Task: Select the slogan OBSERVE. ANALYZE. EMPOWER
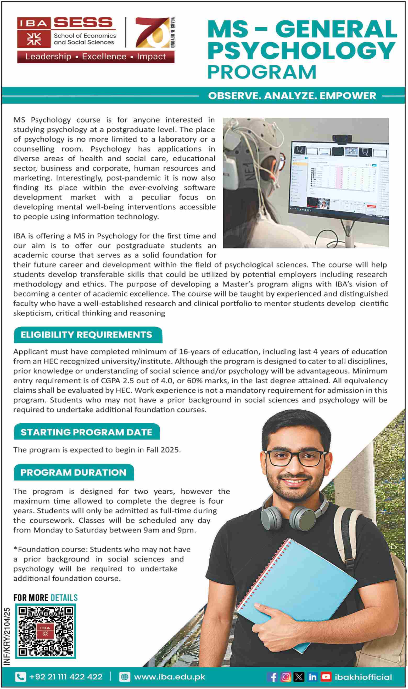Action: [292, 96]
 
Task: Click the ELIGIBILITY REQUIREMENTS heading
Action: [86, 335]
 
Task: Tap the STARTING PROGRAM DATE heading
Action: [86, 432]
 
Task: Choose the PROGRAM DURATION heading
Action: [73, 472]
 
